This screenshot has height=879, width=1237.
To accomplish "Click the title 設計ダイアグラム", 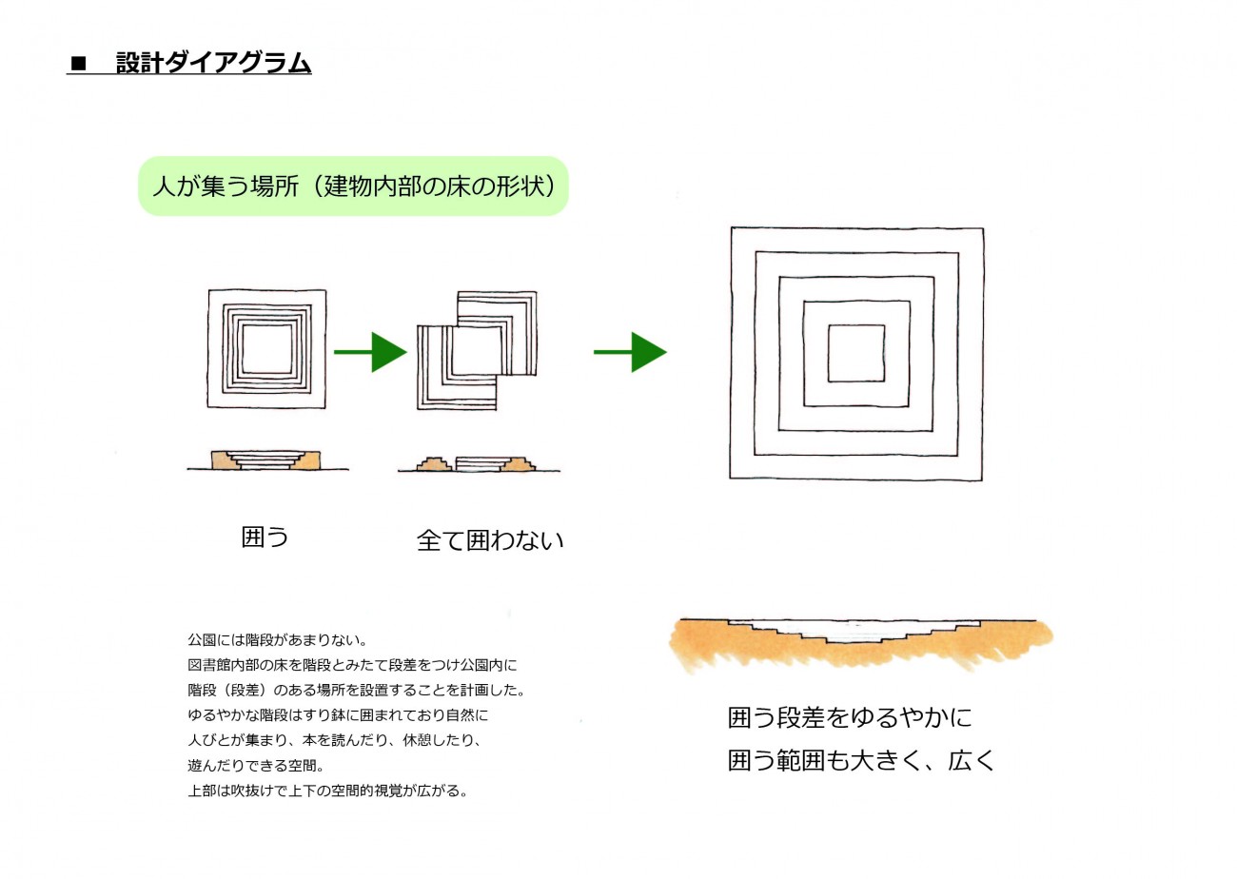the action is [214, 63].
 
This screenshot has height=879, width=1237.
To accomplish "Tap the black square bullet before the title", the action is [78, 64].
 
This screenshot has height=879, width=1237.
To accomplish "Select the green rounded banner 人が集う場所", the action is [353, 186].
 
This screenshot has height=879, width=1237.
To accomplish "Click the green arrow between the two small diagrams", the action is [370, 352].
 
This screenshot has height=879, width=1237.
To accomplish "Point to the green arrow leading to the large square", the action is [630, 352].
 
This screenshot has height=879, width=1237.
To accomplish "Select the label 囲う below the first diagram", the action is [265, 537].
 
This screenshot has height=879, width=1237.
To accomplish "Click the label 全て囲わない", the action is [490, 540].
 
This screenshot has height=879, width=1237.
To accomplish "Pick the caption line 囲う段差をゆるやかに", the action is [850, 717].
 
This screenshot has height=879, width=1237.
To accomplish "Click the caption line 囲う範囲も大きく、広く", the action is [861, 760].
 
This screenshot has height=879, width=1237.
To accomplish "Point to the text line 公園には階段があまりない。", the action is [278, 640].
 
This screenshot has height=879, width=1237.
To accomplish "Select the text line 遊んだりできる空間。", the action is [256, 765].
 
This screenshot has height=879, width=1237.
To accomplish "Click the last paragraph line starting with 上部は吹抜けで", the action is [328, 791].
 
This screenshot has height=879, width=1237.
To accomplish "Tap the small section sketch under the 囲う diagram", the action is [267, 459].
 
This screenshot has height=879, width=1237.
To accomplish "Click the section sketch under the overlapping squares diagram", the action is [479, 464].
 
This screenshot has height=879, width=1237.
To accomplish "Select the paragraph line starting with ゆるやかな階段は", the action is [338, 715].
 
